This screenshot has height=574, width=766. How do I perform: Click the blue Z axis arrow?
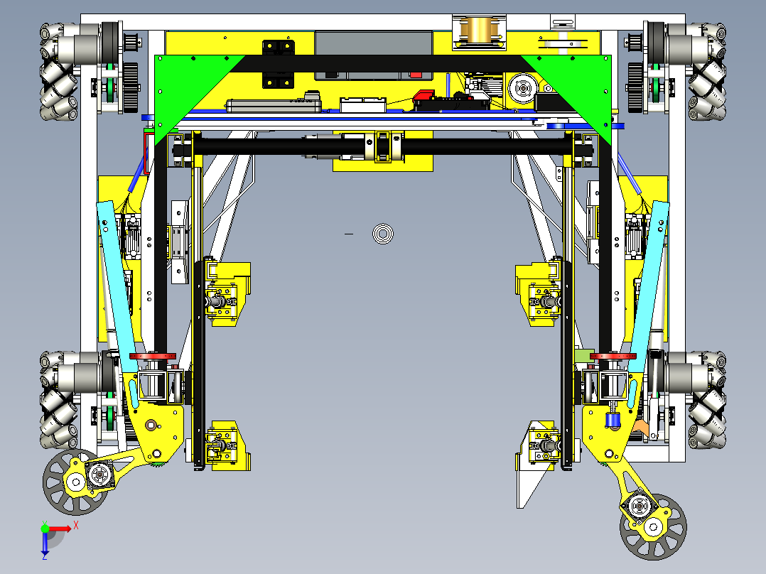click(45, 543)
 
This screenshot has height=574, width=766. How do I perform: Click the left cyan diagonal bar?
click(117, 284)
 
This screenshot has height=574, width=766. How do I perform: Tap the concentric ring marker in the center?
click(384, 233)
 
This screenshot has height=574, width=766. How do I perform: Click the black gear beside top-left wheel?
click(129, 87)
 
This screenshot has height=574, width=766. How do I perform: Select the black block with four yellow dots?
click(278, 65)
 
